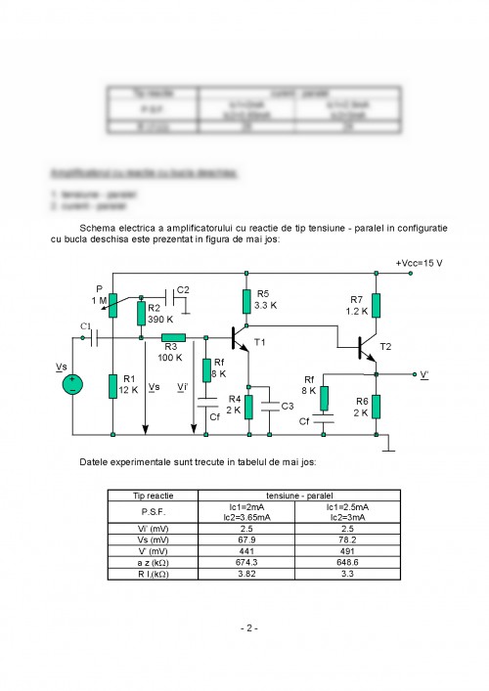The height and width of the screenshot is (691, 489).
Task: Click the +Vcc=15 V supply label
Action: [419, 264]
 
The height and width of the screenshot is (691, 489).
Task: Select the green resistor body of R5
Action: [246, 300]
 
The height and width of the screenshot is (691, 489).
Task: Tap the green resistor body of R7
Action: [377, 306]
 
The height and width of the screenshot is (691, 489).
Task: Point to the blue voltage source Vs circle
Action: [72, 384]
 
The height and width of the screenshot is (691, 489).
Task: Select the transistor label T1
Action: [259, 343]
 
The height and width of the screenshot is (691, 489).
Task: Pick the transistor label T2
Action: [385, 347]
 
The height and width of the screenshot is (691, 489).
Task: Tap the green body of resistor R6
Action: [377, 406]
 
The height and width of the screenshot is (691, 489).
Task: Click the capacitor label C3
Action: [287, 406]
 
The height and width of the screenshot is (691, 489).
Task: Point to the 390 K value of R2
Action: [162, 320]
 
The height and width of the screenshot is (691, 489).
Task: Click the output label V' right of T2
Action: [424, 374]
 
